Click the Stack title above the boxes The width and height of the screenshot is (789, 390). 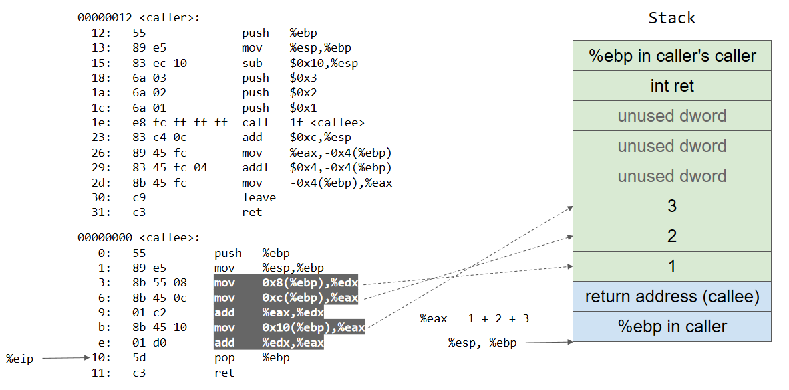671,18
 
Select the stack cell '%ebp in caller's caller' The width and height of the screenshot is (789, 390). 671,56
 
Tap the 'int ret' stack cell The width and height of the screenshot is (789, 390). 671,86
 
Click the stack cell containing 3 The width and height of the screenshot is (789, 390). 671,206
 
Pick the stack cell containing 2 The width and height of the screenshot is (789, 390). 671,236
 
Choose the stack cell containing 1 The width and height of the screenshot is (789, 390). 671,266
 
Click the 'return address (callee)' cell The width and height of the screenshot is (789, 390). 671,296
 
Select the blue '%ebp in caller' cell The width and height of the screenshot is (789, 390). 671,326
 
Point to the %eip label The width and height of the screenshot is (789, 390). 19,359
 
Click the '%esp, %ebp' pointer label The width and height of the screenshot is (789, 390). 482,343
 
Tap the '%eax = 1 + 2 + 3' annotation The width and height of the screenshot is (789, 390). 474,318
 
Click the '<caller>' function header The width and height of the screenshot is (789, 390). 139,18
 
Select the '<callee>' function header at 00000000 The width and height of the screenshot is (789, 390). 139,237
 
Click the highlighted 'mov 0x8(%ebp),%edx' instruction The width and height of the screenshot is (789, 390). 285,283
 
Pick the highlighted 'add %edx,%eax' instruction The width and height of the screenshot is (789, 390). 269,343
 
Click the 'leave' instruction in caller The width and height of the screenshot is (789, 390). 259,197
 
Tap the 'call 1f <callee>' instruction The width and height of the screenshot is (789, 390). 303,122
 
